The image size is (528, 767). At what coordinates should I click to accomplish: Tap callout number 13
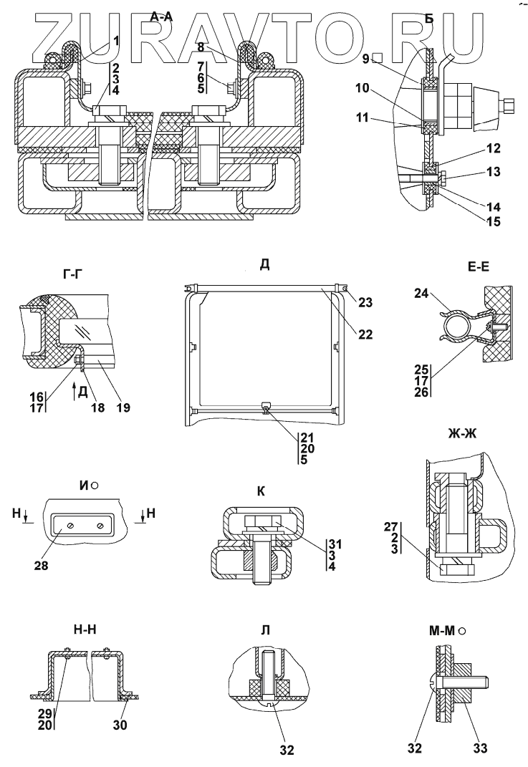click(x=473, y=172)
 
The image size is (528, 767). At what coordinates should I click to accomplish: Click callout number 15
click(x=473, y=222)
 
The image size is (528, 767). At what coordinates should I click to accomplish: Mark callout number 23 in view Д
click(x=366, y=302)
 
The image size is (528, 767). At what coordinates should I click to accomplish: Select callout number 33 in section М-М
click(x=479, y=749)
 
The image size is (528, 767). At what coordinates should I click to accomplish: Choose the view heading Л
click(x=265, y=631)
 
